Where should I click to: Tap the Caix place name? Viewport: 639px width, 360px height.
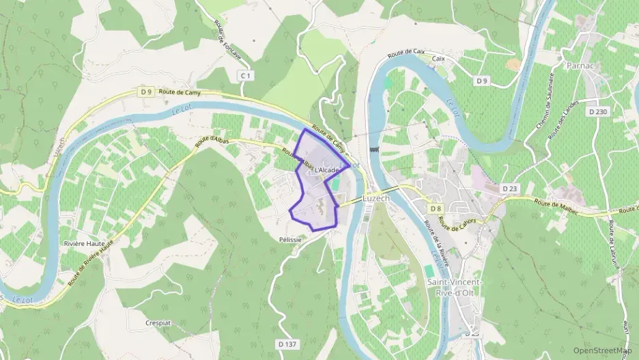438,59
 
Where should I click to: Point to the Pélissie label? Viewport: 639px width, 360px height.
290,240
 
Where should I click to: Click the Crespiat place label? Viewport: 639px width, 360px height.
156,322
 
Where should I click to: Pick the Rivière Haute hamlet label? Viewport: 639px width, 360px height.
83,243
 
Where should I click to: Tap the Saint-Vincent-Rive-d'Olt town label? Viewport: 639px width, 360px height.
454,288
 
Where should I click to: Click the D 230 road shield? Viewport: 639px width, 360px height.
597,112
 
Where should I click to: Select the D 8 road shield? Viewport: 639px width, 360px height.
436,208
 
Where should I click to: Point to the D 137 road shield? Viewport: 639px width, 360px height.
287,344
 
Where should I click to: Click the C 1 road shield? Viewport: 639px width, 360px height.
246,75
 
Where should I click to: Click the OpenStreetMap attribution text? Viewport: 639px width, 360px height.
602,350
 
